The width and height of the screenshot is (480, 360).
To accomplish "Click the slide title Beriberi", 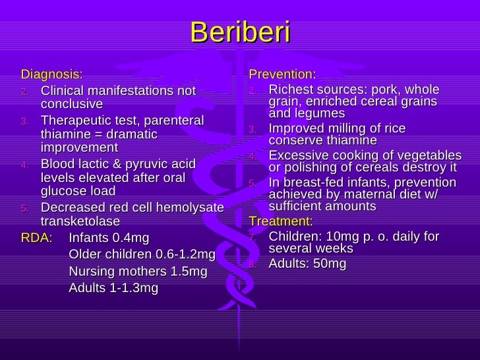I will click(240, 32).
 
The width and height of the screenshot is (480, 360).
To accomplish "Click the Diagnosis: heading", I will click(52, 73).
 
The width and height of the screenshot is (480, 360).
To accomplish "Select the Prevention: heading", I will click(282, 73).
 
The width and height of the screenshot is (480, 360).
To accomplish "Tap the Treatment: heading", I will click(280, 221).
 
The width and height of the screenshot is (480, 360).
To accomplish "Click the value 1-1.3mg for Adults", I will click(133, 288).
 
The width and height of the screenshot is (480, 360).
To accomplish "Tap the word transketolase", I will click(80, 221).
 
